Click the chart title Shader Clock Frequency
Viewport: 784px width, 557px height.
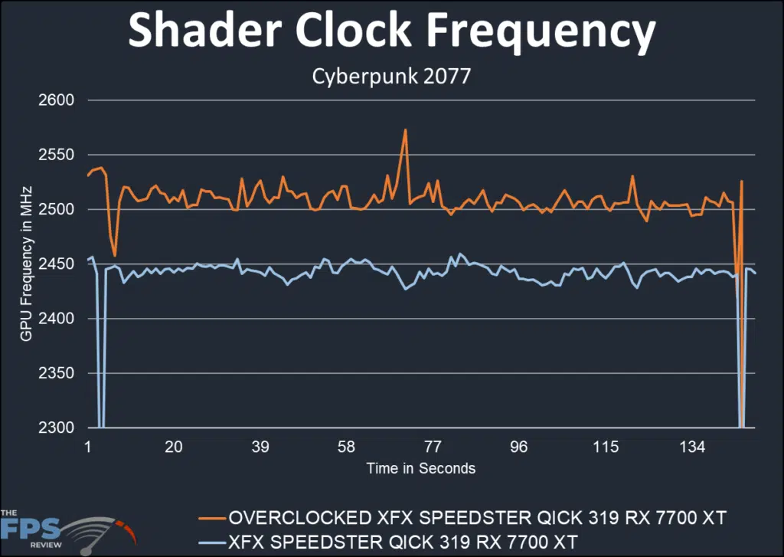coord(391,32)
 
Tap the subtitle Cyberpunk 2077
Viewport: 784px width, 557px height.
coord(391,77)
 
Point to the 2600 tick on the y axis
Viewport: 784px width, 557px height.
coord(56,100)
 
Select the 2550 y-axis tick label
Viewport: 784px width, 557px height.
coord(56,155)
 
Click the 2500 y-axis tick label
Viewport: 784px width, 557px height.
coord(56,209)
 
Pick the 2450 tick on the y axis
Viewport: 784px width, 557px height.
coord(56,264)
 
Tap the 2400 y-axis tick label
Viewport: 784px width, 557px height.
coord(56,319)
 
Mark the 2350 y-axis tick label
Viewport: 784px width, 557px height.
coord(56,373)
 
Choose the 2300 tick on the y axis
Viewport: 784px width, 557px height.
coord(56,428)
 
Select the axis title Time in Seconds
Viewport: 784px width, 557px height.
coord(420,468)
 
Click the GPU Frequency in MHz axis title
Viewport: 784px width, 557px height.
coord(26,264)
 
